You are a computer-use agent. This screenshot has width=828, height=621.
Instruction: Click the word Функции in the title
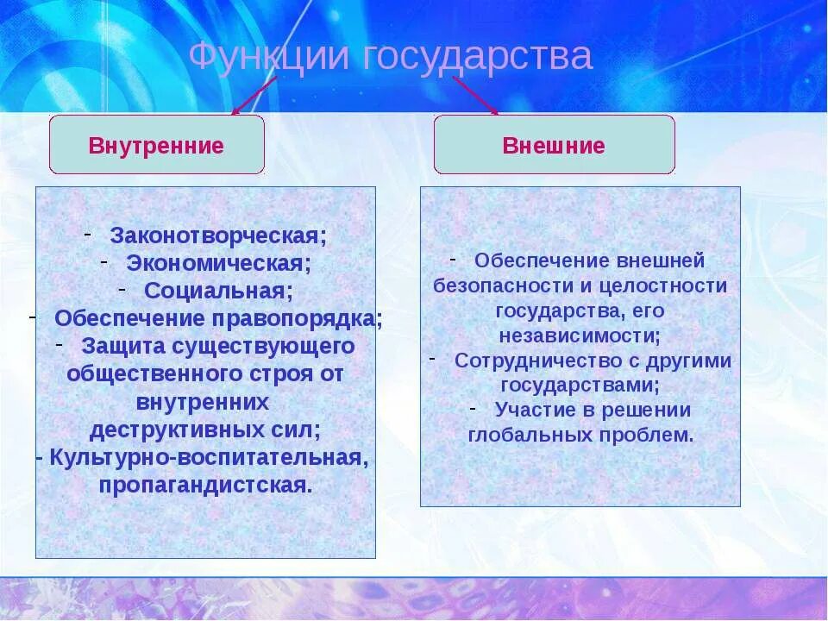(268, 58)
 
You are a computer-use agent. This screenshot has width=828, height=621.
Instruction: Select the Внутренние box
(156, 145)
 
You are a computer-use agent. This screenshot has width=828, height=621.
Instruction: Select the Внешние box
(554, 145)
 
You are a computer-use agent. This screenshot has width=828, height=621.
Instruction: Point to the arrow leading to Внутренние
(254, 96)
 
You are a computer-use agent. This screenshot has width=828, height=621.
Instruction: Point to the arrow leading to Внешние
(476, 95)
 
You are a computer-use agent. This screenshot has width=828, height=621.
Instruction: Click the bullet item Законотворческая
(218, 235)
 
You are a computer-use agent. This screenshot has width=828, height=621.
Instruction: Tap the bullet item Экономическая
(219, 262)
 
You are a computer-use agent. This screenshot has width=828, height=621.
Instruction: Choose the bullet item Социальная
(218, 290)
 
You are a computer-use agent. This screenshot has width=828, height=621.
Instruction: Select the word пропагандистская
(204, 484)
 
